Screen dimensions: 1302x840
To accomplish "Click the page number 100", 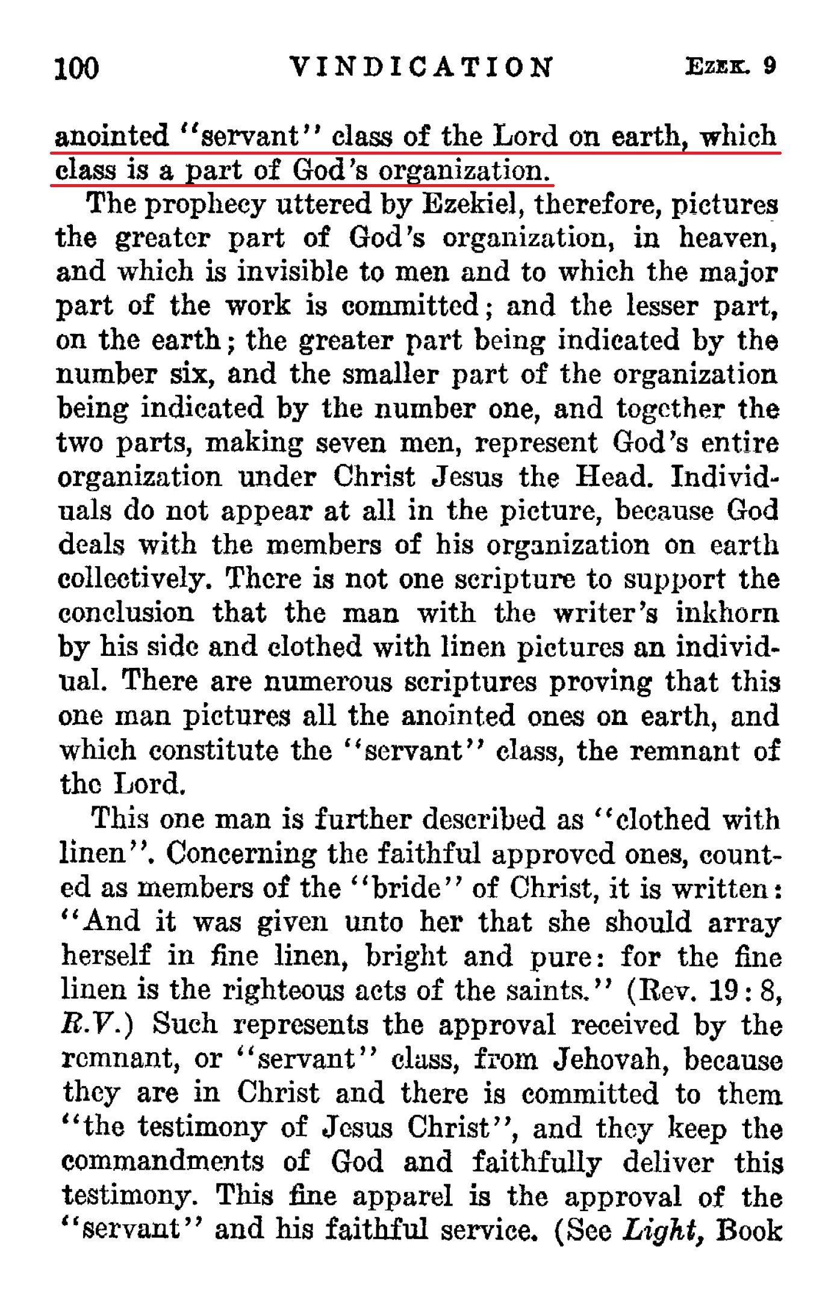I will (76, 67).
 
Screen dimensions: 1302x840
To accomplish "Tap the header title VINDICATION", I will (420, 67).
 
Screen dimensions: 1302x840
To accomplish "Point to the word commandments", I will (163, 1161).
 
